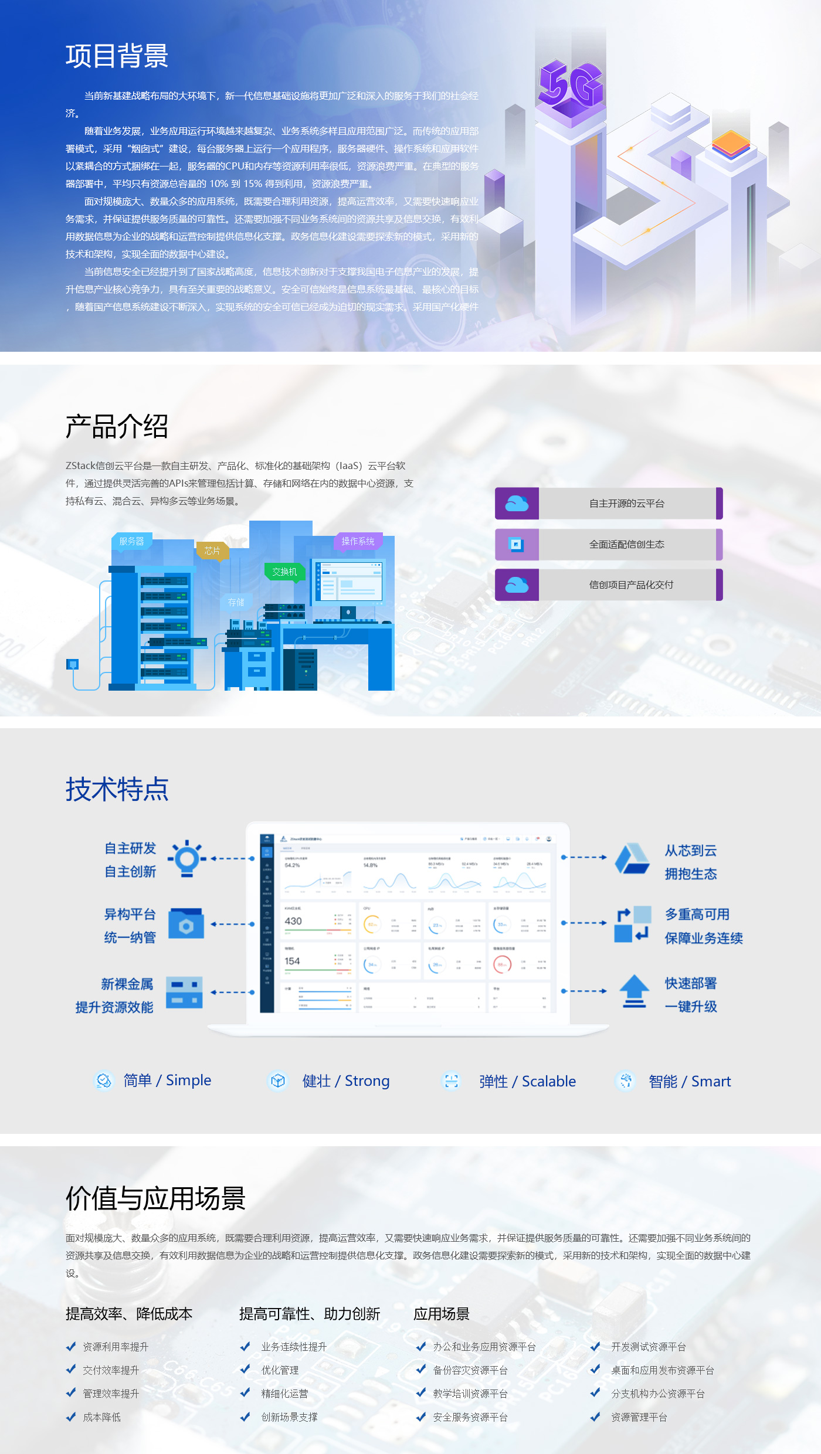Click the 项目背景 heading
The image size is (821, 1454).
117,56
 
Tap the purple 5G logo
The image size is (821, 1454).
570,85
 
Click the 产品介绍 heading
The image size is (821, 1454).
117,426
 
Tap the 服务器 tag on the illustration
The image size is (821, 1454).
131,541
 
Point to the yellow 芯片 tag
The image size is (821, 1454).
212,551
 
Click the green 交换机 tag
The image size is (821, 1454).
284,572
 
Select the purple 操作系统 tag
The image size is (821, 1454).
358,541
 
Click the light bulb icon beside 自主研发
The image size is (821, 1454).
187,859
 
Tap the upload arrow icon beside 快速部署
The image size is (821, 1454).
634,991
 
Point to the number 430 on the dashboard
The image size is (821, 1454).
293,921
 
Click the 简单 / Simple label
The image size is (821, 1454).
167,1080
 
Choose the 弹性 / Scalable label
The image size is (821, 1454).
527,1081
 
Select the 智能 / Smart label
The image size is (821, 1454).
690,1081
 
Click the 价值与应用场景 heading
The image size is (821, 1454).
155,1198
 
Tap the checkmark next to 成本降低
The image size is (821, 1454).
71,1417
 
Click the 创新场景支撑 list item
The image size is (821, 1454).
289,1417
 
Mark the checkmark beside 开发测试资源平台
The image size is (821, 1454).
595,1347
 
